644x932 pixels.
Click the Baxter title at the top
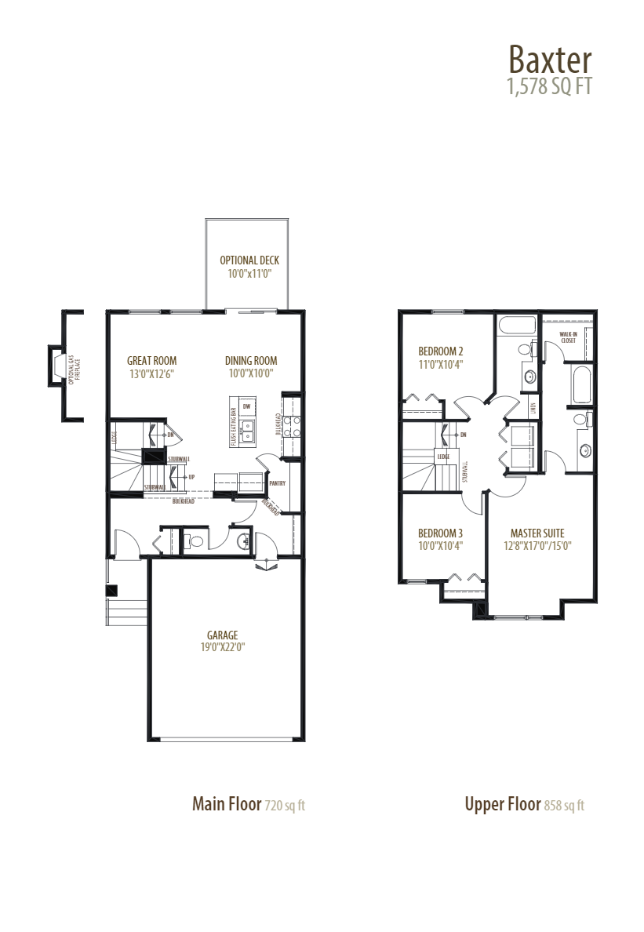[x=549, y=59]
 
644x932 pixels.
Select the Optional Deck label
[x=249, y=260]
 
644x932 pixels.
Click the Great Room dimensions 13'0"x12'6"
[x=151, y=374]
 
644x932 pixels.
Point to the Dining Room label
[x=251, y=361]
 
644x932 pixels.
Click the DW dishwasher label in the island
[x=246, y=406]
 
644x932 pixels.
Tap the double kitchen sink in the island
[x=247, y=431]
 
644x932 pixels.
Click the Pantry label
[x=278, y=484]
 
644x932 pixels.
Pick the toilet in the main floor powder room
[x=194, y=540]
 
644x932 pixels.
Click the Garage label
[x=222, y=635]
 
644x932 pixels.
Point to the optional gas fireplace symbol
[x=59, y=365]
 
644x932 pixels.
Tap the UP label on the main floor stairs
[x=191, y=476]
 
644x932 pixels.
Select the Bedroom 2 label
[x=440, y=351]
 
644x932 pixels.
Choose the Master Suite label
[x=537, y=533]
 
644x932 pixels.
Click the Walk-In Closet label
[x=568, y=338]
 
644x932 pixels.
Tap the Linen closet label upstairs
[x=533, y=406]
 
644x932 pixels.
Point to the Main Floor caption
[x=227, y=804]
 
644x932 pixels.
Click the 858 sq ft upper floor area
[x=564, y=806]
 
